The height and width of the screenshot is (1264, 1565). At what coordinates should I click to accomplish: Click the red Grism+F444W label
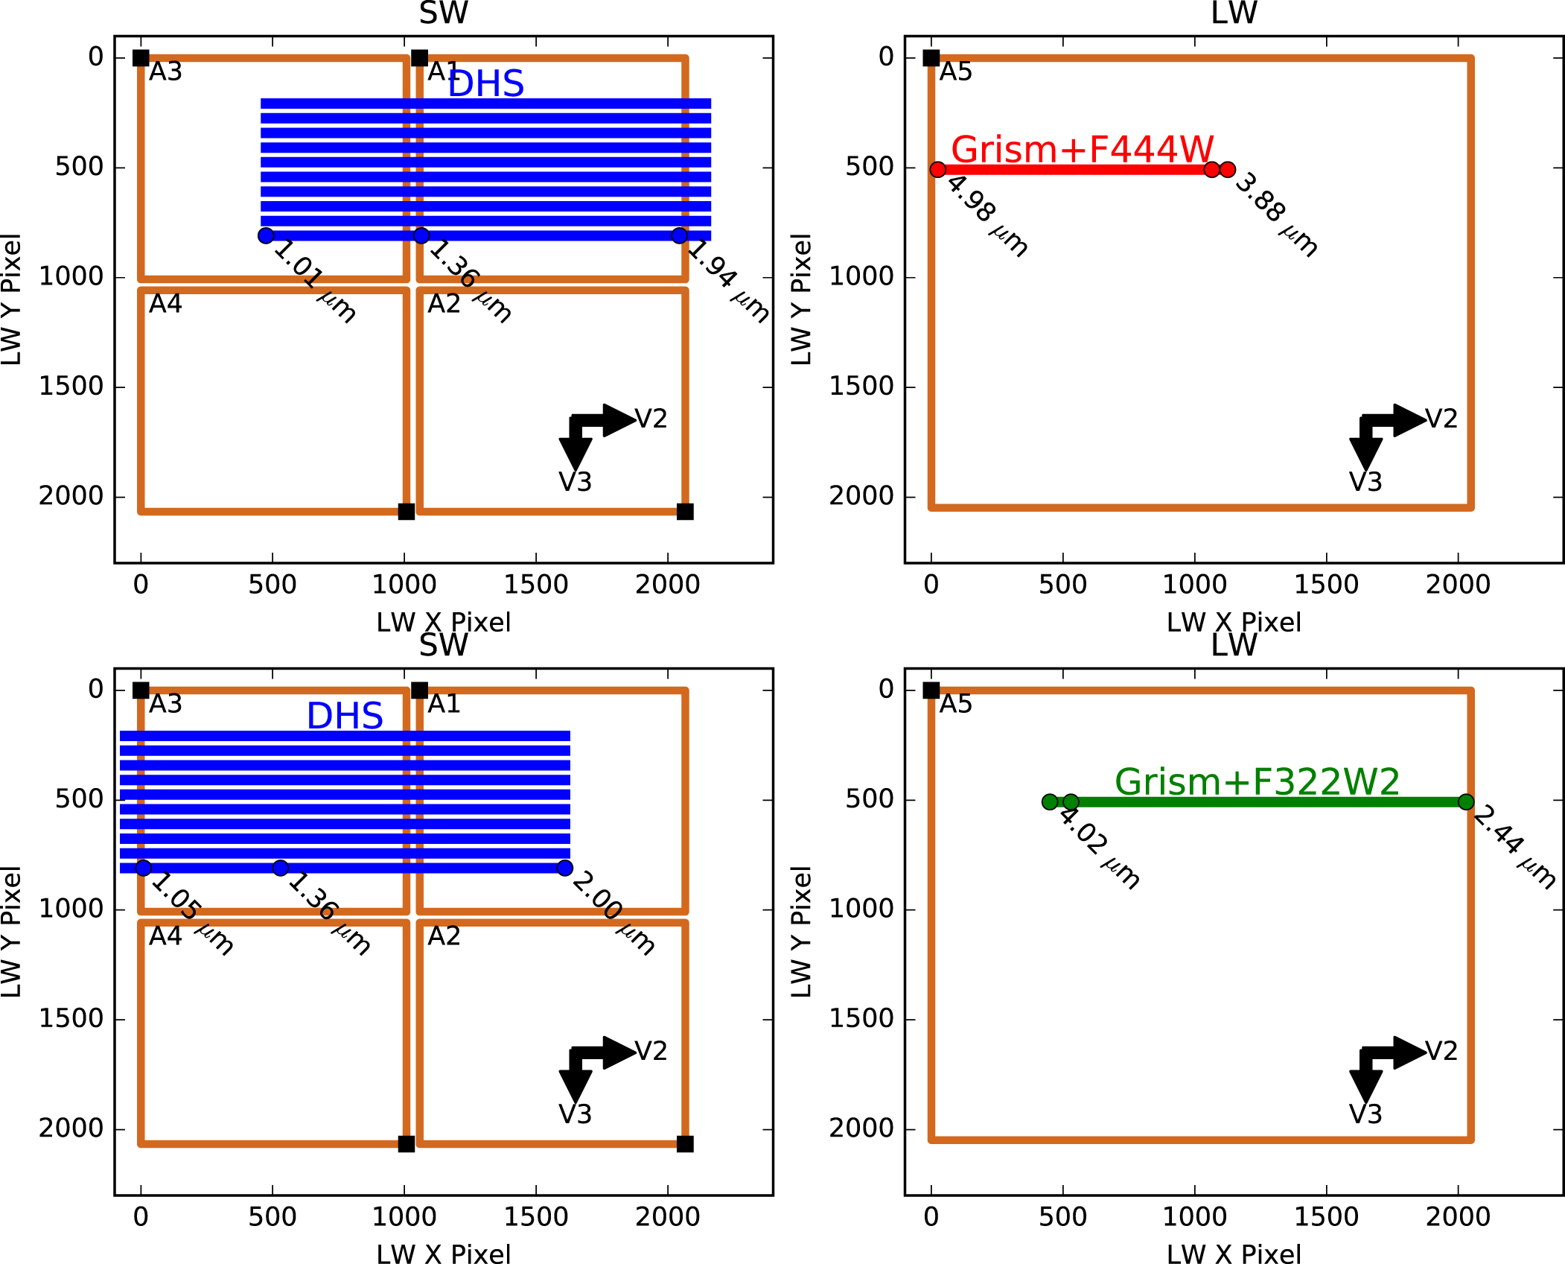click(1082, 149)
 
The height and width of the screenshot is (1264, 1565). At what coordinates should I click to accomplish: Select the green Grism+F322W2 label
click(1257, 781)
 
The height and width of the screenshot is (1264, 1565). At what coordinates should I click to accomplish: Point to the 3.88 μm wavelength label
click(1276, 215)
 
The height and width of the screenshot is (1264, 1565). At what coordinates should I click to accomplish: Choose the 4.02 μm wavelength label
click(1099, 847)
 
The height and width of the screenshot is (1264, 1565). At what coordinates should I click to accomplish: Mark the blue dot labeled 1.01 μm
click(266, 235)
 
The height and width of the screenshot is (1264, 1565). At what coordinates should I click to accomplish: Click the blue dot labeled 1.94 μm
click(679, 235)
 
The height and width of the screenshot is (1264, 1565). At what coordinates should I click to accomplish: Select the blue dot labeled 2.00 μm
click(565, 868)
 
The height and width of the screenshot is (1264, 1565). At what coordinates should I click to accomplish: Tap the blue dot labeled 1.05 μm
click(144, 868)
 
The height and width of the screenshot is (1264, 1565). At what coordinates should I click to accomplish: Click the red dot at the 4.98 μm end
click(938, 170)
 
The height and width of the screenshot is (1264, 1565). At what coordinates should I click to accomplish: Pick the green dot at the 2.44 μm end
click(1466, 802)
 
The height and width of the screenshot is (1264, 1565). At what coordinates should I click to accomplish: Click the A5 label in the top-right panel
click(956, 72)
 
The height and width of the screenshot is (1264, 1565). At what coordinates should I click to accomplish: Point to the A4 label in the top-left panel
click(165, 304)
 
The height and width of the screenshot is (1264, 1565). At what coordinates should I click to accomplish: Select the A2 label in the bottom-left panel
click(444, 936)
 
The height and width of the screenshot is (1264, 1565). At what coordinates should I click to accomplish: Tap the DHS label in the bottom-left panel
click(345, 716)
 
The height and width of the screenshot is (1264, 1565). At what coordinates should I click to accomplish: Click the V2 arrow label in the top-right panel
click(1441, 419)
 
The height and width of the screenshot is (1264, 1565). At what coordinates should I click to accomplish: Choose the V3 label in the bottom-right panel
click(1365, 1114)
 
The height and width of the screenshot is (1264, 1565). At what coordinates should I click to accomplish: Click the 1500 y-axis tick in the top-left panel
click(71, 387)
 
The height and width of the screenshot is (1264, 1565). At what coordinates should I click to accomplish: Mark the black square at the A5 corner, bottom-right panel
click(931, 690)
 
